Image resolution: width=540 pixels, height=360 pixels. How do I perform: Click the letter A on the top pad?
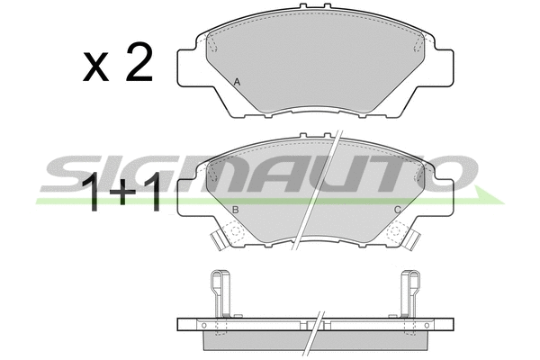(x=237, y=82)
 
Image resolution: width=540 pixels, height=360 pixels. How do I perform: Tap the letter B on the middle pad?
(x=236, y=210)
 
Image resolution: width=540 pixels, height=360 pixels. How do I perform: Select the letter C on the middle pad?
(x=398, y=210)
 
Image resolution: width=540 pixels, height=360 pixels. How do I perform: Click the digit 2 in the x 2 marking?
(x=139, y=62)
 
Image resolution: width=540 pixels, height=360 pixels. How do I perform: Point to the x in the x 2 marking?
(x=95, y=67)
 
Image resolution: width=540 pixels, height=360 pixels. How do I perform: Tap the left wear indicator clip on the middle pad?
(x=218, y=239)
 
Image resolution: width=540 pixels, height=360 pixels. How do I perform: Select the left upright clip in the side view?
(x=220, y=293)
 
